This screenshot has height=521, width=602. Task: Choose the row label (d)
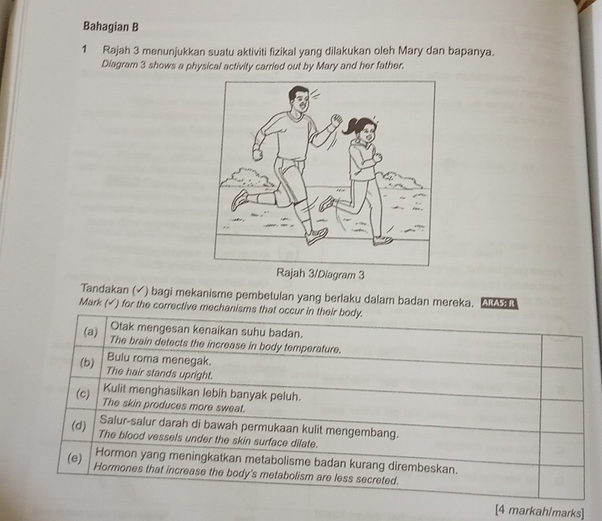tap(78, 427)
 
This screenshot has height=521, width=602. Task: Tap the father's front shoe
tap(316, 234)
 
